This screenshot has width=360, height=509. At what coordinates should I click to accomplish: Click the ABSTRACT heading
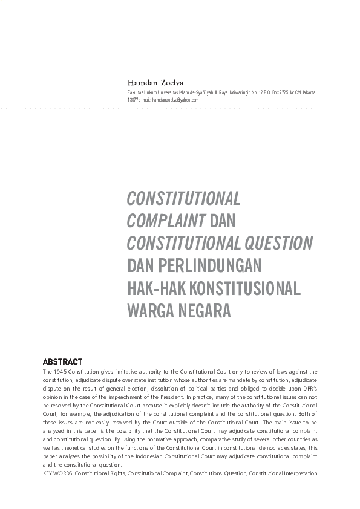click(x=63, y=361)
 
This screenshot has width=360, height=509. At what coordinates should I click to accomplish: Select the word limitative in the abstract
click(x=126, y=371)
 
